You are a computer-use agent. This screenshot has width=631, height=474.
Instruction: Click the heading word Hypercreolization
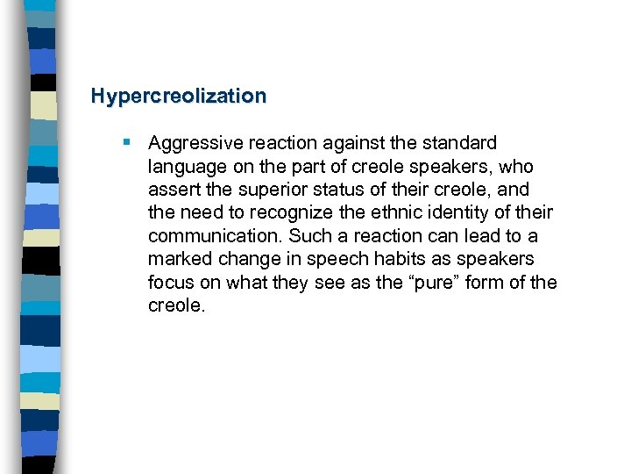point(178,96)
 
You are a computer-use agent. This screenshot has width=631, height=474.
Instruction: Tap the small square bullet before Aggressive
point(128,142)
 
